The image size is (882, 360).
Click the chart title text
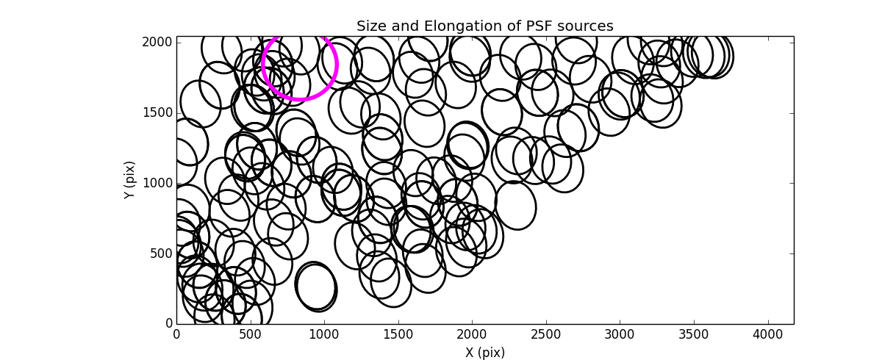click(484, 26)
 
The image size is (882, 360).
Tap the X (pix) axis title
click(484, 352)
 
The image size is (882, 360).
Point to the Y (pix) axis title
click(129, 180)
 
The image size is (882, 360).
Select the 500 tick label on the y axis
click(161, 253)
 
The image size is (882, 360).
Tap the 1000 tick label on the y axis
click(158, 183)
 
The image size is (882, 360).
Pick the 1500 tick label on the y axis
click(158, 112)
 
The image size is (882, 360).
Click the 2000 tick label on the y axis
click(158, 42)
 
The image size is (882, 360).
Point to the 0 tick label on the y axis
click(168, 324)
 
